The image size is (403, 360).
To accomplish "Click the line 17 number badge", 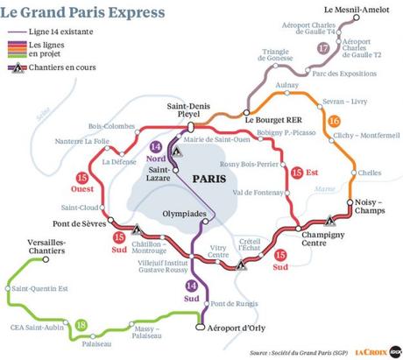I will (x=325, y=49).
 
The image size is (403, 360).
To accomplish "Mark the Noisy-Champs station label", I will (x=369, y=205).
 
